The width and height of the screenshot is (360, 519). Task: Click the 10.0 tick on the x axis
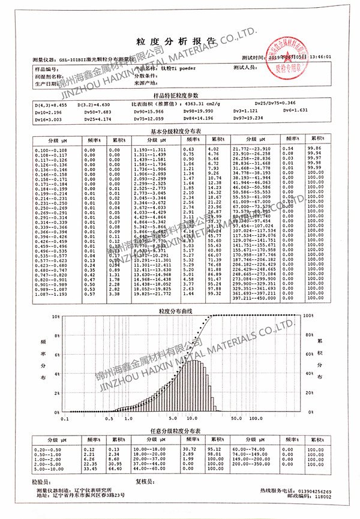(193, 418)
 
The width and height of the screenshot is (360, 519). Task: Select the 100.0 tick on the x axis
(256, 418)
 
